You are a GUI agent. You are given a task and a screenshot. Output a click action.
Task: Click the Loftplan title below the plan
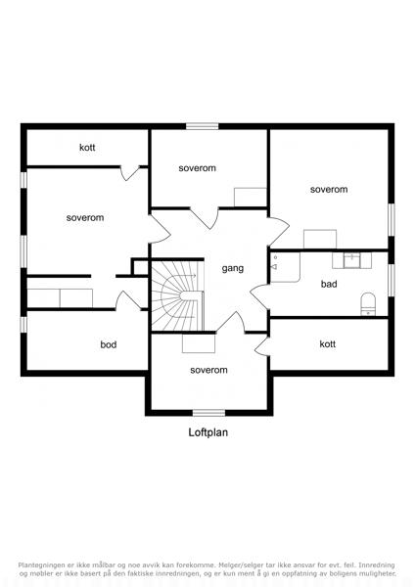coord(207,432)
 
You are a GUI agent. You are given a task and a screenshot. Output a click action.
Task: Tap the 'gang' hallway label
coord(233,268)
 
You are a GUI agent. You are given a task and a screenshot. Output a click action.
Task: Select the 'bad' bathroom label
coord(329,284)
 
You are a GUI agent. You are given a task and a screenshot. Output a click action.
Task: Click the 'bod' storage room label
coord(109,344)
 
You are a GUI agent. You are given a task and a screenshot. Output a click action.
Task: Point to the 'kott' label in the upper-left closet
coord(87,147)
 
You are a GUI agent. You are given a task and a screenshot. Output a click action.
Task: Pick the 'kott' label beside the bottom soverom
coord(327,343)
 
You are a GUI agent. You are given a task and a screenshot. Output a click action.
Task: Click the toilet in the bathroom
coord(368,304)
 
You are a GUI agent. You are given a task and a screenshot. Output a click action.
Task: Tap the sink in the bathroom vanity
coord(351,260)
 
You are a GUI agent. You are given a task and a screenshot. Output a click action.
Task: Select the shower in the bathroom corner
coord(286,267)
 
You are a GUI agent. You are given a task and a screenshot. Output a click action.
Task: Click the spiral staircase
coord(177,296)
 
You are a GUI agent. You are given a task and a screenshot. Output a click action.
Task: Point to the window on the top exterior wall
coord(203,126)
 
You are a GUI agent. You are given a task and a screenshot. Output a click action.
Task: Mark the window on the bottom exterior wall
coord(208,413)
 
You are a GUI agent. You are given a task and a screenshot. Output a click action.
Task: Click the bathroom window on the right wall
coord(392,280)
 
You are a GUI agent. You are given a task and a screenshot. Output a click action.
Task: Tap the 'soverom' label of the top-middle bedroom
coord(198,168)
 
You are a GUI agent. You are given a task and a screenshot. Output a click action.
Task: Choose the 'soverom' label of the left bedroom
coord(85,217)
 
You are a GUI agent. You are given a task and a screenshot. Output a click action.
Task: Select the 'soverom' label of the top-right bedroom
coord(329,190)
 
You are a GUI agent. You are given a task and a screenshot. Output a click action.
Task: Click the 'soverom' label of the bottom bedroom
coord(208,370)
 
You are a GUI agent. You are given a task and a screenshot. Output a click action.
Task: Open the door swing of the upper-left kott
coord(130,173)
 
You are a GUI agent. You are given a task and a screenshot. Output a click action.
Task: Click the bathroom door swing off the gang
coord(259,296)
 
